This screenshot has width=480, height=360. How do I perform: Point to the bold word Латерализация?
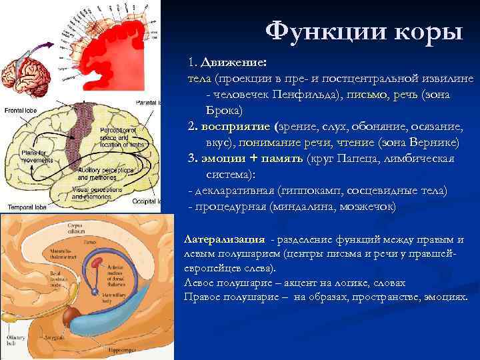(225, 239)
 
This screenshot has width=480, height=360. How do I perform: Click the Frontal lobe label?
(20, 110)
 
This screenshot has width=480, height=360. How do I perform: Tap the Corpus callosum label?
(75, 228)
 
